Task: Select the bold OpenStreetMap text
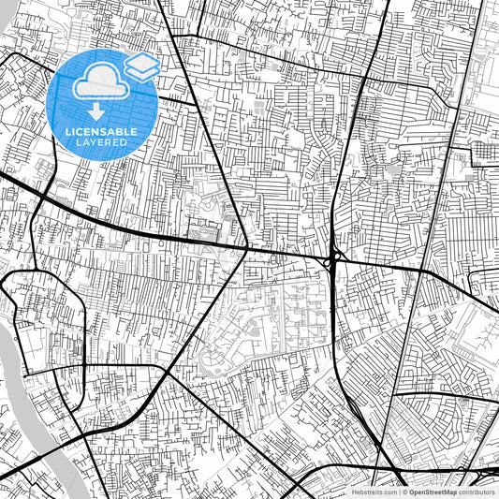[x=432, y=492]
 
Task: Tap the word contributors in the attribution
[x=477, y=492]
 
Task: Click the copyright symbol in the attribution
[x=403, y=492]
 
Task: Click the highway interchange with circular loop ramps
[x=334, y=259]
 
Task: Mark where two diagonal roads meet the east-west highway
[x=246, y=248]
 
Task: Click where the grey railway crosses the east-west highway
[x=417, y=270]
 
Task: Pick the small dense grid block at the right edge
[x=486, y=152]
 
